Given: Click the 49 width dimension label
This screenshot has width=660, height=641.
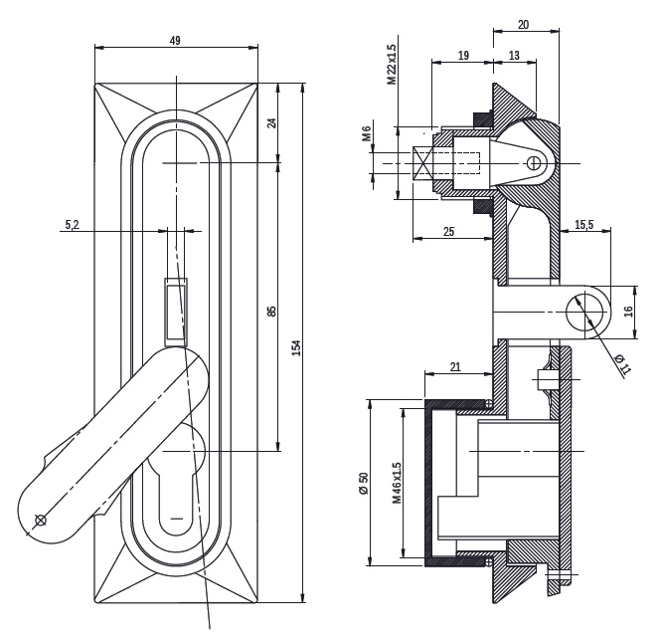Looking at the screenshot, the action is tap(175, 41).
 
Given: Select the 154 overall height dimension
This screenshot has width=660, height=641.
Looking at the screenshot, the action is tap(296, 347).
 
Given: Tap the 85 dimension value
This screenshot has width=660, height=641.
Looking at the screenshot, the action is tap(272, 312).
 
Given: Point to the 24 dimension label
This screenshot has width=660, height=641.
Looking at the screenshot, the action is tap(272, 123).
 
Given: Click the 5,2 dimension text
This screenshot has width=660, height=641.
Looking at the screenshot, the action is tap(72, 225).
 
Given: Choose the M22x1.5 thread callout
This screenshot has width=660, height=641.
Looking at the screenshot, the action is tap(392, 65).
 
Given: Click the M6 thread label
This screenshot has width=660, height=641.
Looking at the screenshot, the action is tap(367, 133).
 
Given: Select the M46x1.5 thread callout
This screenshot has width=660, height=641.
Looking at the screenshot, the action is tap(397, 483).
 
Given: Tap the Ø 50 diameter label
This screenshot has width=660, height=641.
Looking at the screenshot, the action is tap(363, 483).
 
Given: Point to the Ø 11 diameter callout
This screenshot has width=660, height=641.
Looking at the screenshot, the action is tap(624, 364).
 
